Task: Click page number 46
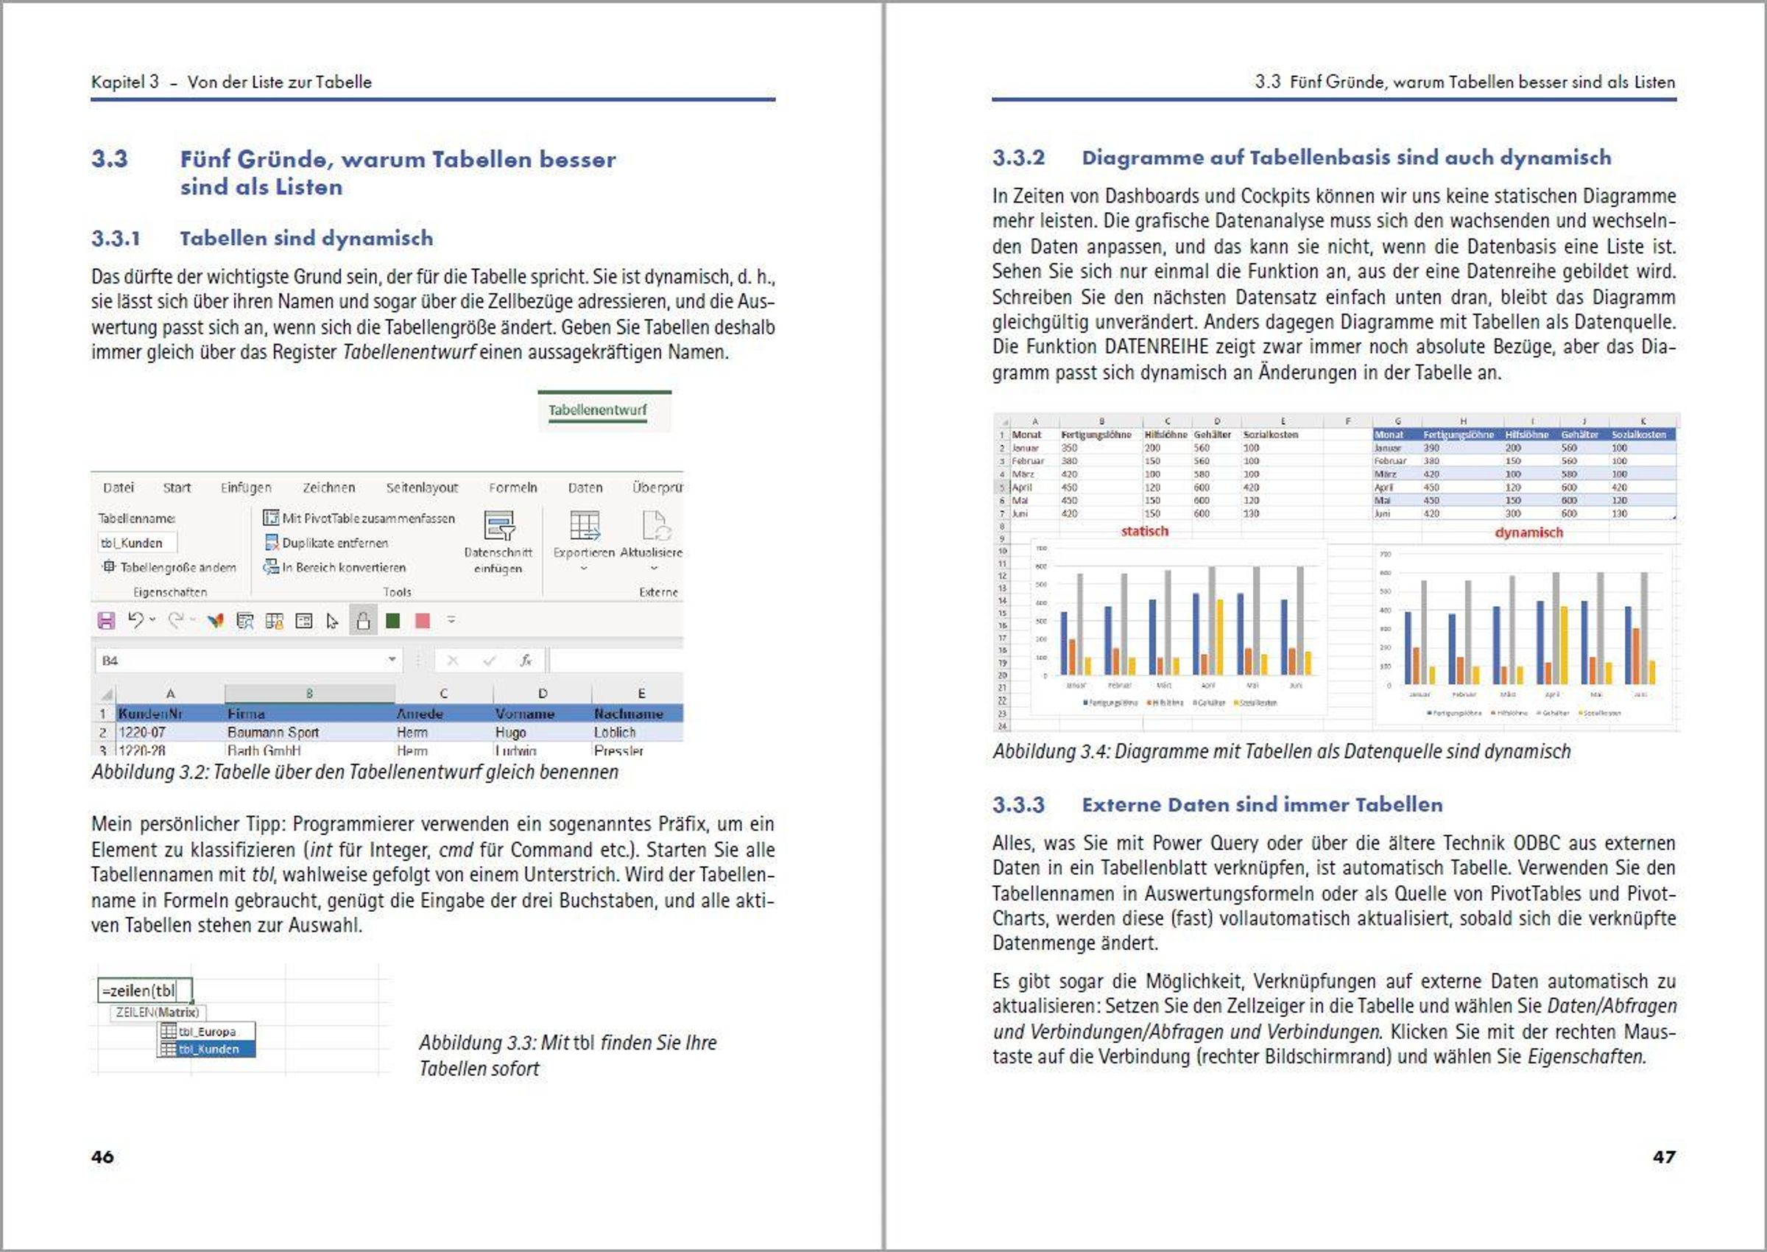(102, 1156)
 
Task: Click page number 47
(1664, 1156)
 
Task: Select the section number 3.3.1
(116, 238)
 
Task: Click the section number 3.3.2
(1018, 158)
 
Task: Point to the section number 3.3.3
(1018, 805)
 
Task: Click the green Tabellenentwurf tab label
(597, 410)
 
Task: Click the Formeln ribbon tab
(512, 488)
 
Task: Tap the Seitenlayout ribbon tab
(422, 488)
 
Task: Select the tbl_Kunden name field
(136, 543)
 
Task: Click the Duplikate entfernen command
(334, 543)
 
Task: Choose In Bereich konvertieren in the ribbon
(343, 567)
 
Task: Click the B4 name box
(239, 661)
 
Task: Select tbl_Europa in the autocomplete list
(207, 1032)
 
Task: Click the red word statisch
(1144, 531)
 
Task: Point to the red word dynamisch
(1528, 532)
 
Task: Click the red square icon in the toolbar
(423, 621)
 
